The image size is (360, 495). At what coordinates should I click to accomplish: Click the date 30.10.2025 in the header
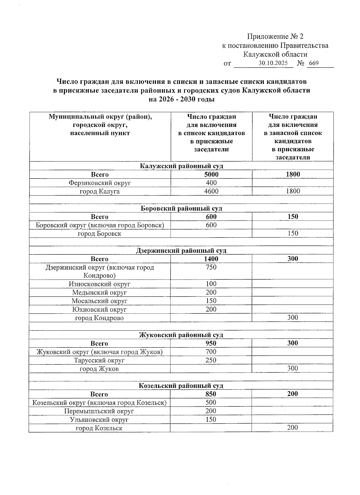273,63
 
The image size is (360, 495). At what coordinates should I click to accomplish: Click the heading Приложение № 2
275,37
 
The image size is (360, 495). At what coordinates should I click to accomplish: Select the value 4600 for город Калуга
211,191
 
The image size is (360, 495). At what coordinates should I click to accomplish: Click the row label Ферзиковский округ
100,183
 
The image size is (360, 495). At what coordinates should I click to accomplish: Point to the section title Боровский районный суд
181,208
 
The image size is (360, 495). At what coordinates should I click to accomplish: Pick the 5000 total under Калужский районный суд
211,174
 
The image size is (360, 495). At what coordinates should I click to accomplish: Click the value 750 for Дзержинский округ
211,267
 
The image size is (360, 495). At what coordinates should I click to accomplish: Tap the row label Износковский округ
99,284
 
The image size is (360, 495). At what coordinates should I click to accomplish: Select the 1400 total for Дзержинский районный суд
211,259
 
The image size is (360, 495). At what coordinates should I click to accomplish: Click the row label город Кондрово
99,318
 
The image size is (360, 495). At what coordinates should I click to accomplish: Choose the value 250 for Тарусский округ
211,360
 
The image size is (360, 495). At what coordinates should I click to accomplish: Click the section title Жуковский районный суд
181,335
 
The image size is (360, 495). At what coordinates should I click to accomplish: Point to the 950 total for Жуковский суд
211,343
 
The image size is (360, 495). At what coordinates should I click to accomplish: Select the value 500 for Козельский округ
211,402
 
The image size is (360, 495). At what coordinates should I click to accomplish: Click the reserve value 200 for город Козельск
292,427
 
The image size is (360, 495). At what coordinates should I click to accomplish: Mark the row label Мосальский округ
99,301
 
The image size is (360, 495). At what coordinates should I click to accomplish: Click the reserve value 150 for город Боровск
293,233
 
